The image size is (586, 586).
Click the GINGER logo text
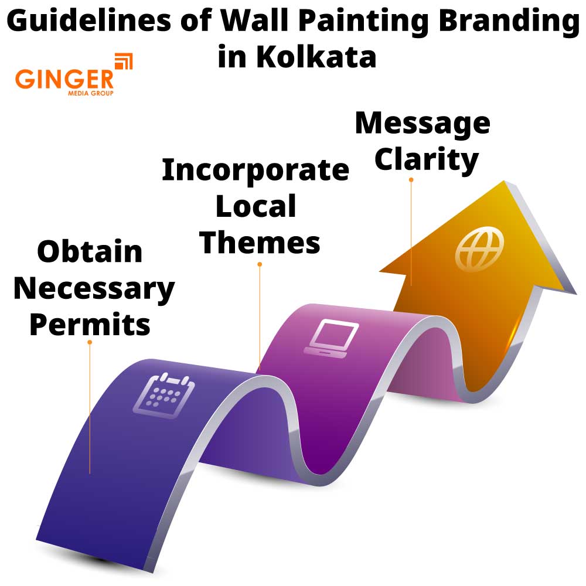click(x=64, y=79)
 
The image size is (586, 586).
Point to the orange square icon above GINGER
click(x=124, y=61)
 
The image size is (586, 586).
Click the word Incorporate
click(x=255, y=170)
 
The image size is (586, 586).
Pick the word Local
click(x=257, y=206)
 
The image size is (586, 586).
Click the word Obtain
click(x=90, y=252)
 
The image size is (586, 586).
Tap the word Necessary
click(x=94, y=288)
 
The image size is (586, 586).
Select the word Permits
click(x=90, y=324)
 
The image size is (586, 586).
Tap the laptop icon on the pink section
click(x=331, y=338)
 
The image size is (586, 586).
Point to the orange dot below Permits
click(x=90, y=342)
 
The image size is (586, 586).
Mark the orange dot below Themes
click(x=260, y=264)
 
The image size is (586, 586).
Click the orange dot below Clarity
click(x=411, y=180)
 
